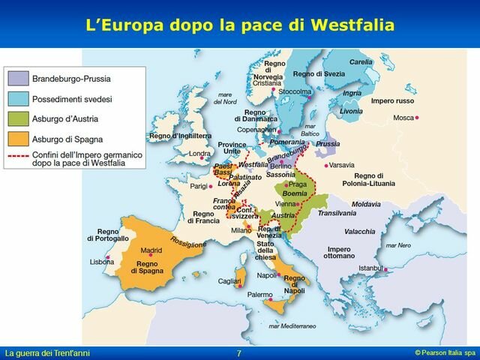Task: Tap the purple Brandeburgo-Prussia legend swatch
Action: tap(18, 77)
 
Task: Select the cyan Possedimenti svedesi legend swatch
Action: tap(18, 98)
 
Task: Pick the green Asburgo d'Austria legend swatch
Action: tap(18, 118)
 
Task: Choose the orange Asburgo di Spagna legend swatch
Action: tap(18, 139)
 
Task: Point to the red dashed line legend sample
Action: tap(18, 154)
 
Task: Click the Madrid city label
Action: tap(151, 250)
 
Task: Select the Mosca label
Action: tap(403, 118)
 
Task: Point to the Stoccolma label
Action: tap(293, 91)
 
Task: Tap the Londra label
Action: tap(199, 154)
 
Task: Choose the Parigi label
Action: tap(198, 185)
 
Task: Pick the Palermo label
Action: tap(259, 295)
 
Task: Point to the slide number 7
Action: tap(238, 353)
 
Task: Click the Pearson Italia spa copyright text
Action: tap(445, 352)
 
